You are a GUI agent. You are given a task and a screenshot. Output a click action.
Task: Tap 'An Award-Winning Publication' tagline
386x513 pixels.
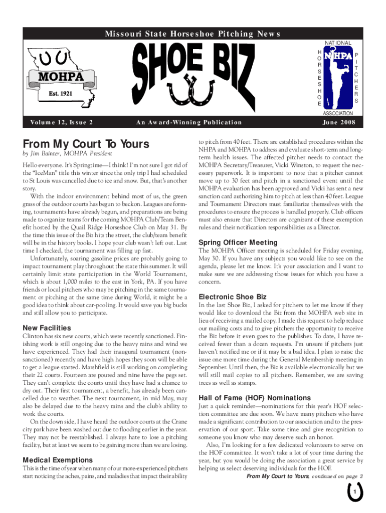tap(188, 122)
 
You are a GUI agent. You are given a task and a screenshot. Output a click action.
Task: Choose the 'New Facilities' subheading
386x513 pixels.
tap(50, 328)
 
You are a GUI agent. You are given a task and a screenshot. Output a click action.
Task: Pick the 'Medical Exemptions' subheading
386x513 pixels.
tap(58, 459)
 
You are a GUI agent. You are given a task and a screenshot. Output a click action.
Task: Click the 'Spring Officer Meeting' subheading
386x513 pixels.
tap(238, 242)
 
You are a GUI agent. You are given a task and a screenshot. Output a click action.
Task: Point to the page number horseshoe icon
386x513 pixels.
tap(354, 493)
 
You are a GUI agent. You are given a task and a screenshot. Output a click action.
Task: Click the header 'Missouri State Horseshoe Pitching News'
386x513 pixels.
tap(193, 34)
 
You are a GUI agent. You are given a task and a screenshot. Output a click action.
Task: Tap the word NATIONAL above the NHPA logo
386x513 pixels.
tap(338, 44)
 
